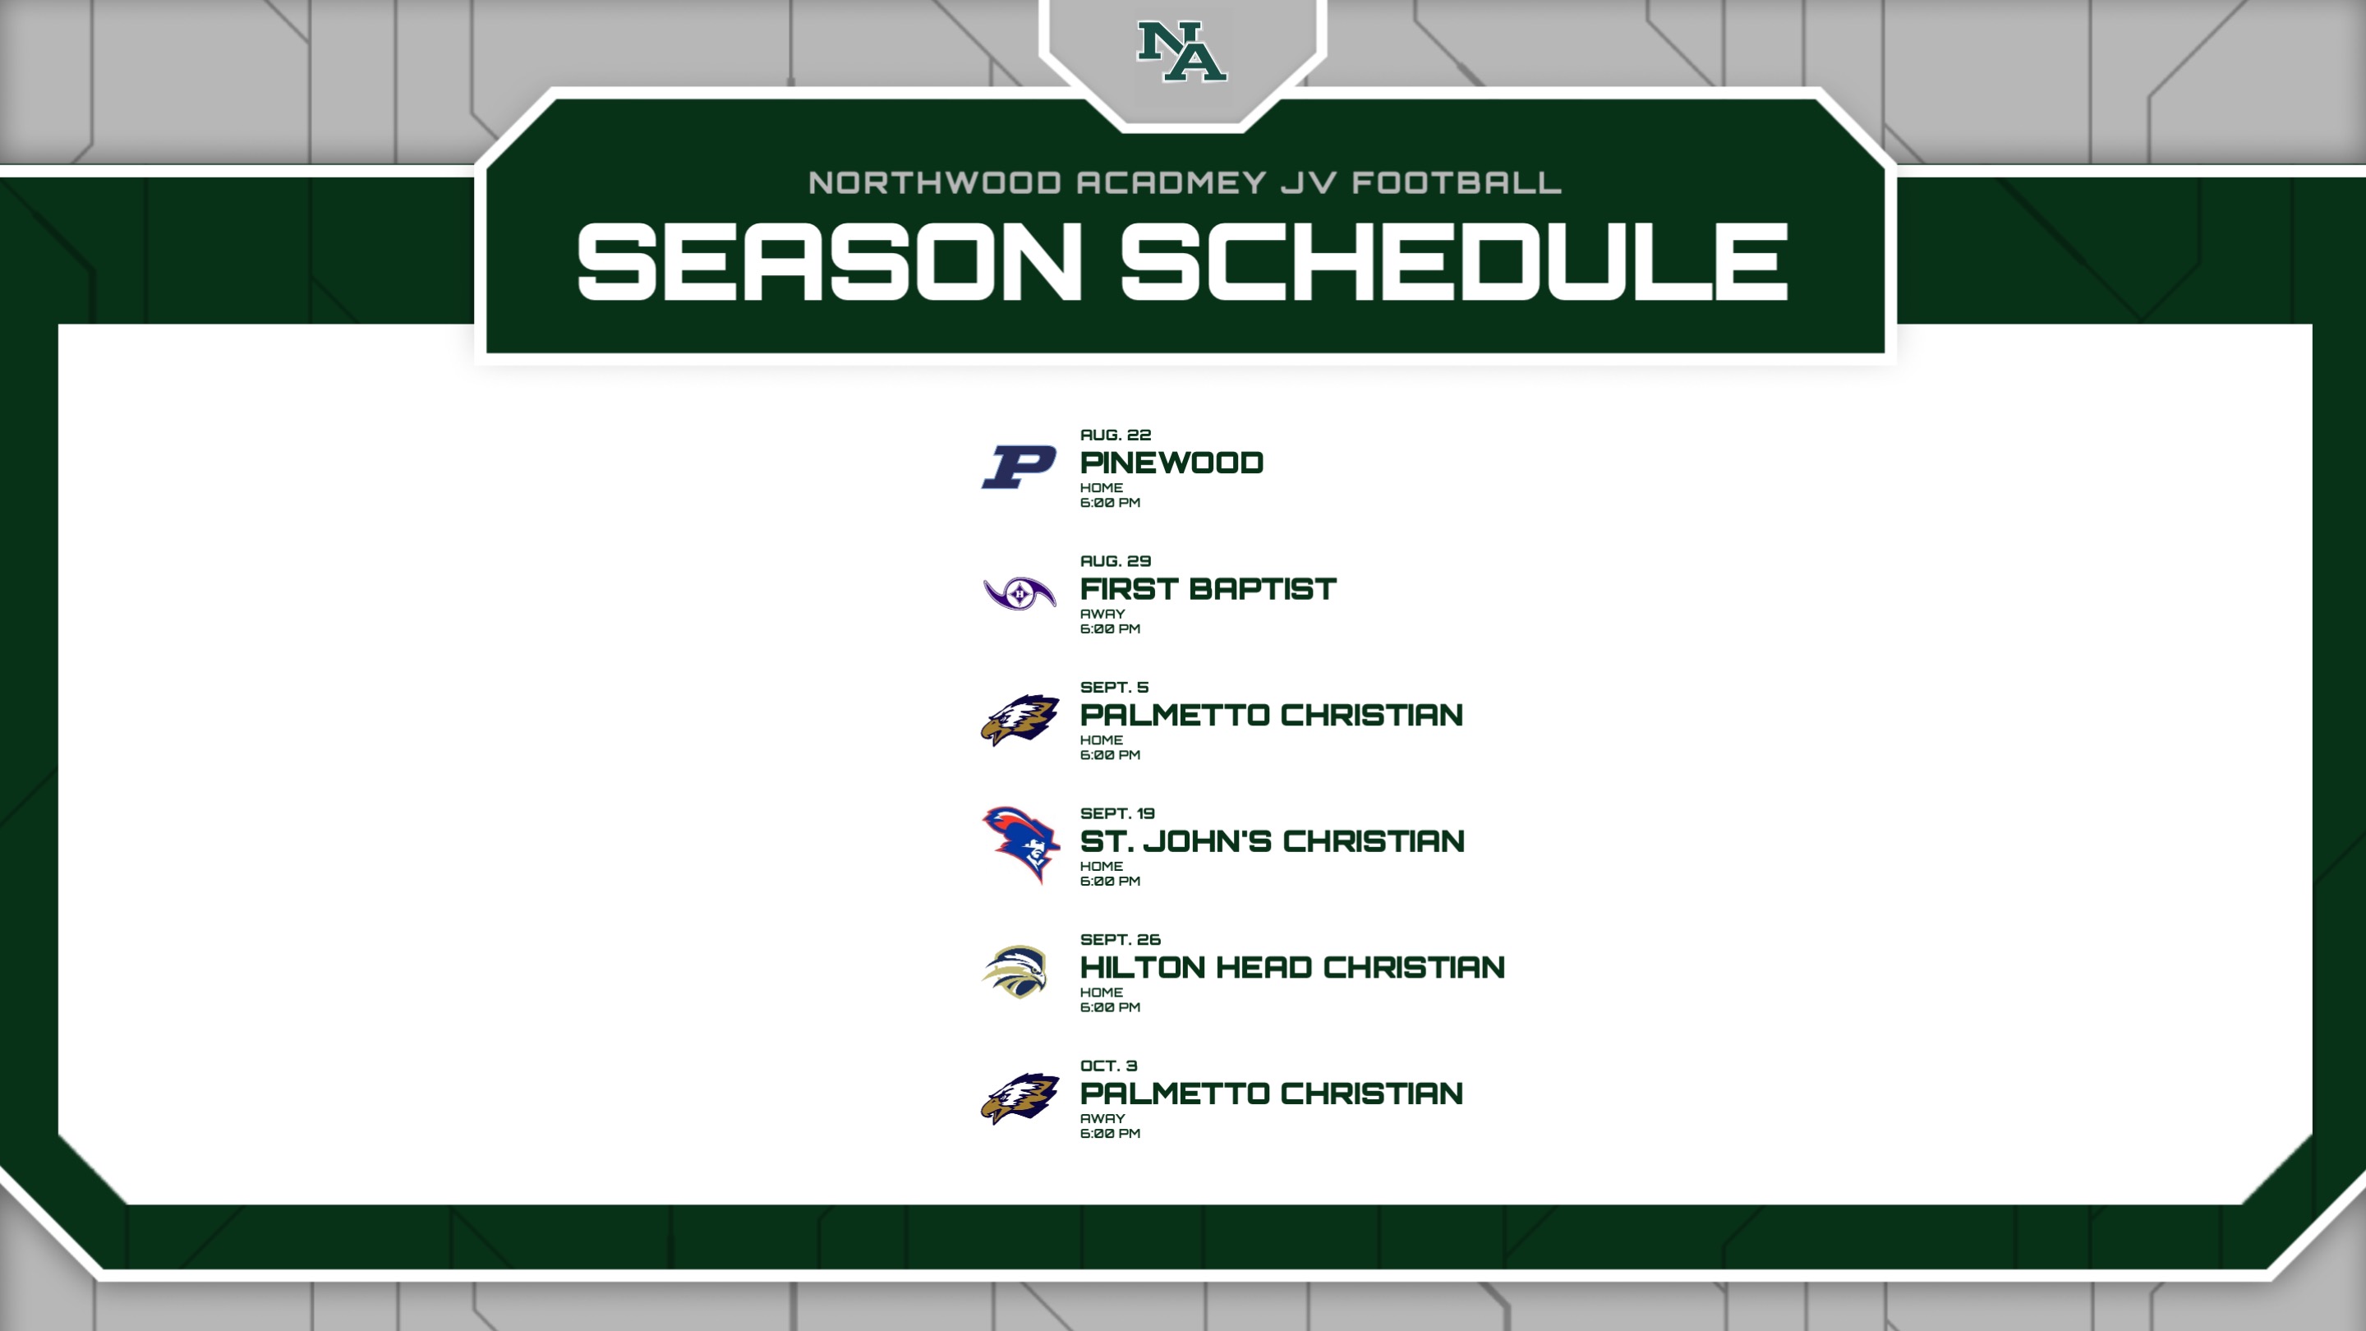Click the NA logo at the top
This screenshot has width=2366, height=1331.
click(x=1182, y=52)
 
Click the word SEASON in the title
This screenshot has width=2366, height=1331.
click(x=831, y=262)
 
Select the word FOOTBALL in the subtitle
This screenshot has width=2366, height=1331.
click(x=1457, y=182)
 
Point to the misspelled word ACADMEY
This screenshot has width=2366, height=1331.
click(x=1171, y=182)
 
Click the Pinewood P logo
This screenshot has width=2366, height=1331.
click(x=1019, y=467)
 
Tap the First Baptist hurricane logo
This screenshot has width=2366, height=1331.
click(x=1020, y=593)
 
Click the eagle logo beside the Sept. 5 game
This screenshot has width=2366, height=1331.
click(x=1020, y=719)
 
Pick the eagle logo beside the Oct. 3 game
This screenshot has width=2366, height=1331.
click(x=1020, y=1098)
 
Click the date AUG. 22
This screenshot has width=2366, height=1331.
click(x=1115, y=435)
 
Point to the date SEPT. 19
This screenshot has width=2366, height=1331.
click(x=1117, y=813)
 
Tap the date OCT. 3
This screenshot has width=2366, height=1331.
click(x=1108, y=1066)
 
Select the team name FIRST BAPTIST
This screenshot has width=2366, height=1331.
click(x=1208, y=589)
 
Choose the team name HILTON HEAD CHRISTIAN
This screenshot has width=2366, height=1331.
click(x=1292, y=967)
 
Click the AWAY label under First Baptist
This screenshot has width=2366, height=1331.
click(x=1102, y=614)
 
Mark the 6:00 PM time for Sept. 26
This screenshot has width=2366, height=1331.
click(x=1110, y=1006)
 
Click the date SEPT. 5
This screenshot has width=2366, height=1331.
click(x=1114, y=687)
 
